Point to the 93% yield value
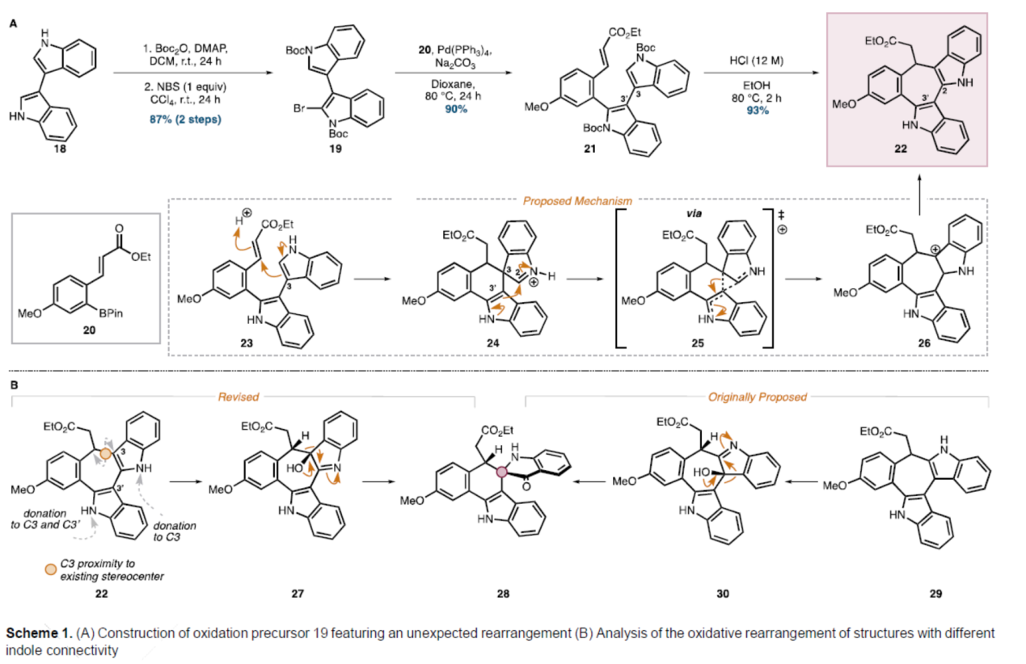(x=757, y=110)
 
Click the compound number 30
(x=722, y=594)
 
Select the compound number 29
(x=935, y=594)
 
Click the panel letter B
(x=14, y=386)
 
